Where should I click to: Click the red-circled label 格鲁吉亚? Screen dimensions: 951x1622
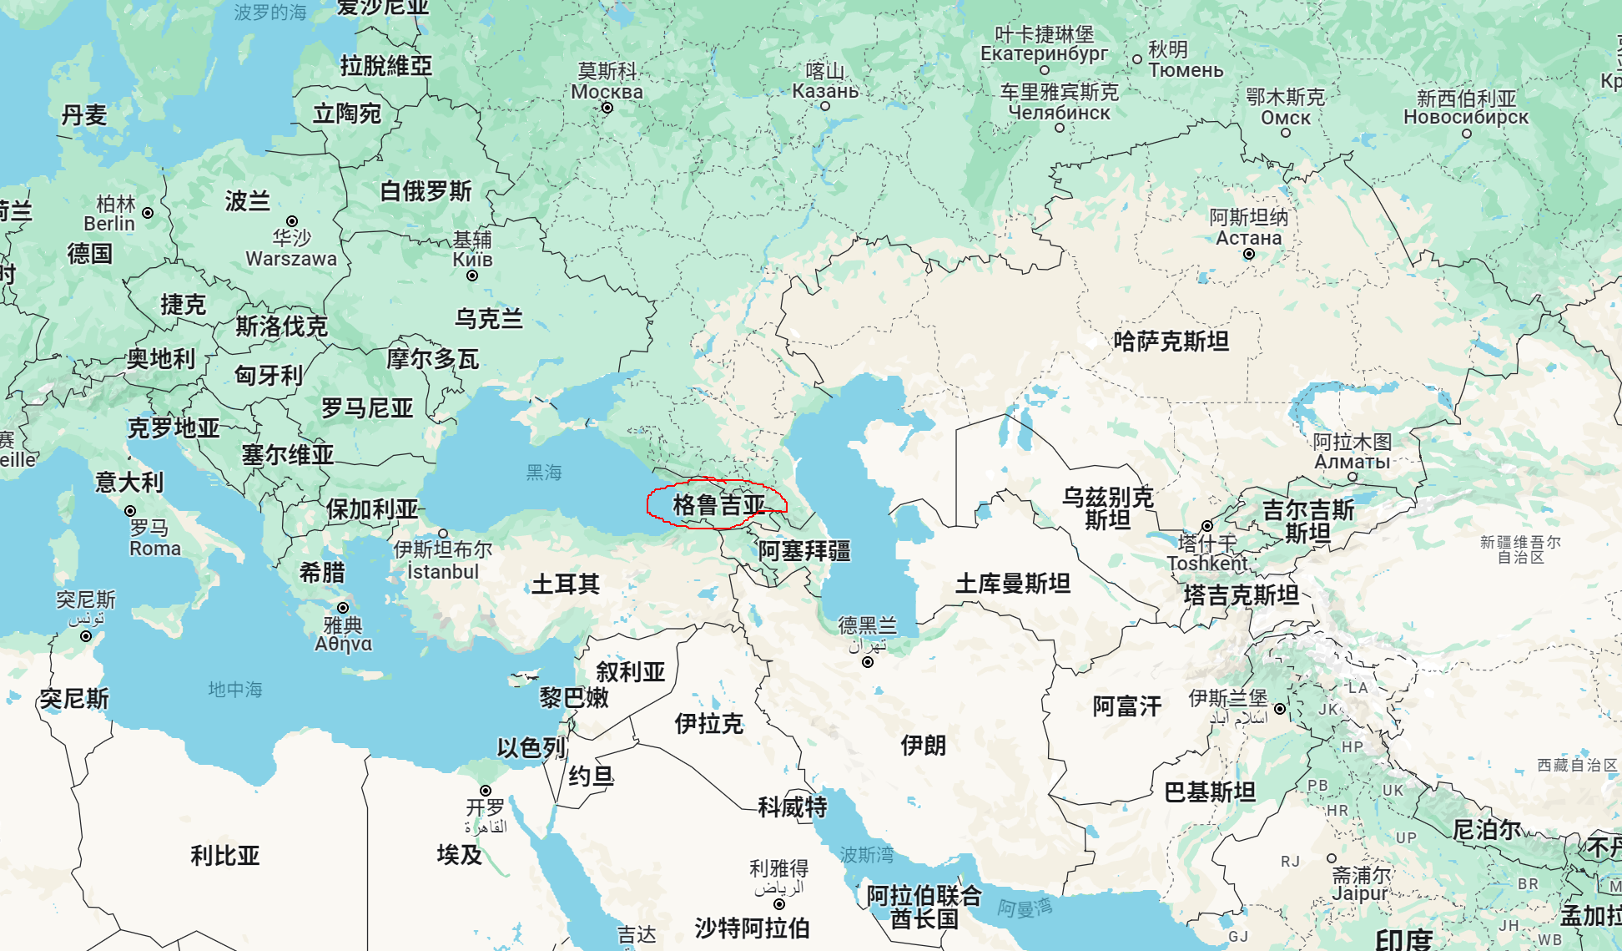point(718,505)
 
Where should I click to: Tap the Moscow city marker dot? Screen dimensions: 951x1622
point(607,108)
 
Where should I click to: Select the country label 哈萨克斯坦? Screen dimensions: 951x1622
point(1171,341)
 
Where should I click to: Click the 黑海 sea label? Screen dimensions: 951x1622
point(544,473)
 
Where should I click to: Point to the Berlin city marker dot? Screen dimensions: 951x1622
point(148,213)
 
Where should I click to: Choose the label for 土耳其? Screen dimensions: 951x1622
point(566,584)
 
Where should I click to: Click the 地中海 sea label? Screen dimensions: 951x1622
point(235,690)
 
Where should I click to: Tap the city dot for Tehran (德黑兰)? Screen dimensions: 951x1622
point(868,662)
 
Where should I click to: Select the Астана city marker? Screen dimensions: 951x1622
point(1249,254)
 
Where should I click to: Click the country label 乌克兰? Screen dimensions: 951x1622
point(488,319)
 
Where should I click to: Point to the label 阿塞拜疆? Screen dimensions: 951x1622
point(804,551)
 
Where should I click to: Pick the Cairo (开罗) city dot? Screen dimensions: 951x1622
point(486,791)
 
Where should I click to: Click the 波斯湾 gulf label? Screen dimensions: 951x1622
point(867,855)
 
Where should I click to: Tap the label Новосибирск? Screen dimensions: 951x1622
point(1466,118)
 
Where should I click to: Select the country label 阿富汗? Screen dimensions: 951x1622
point(1127,707)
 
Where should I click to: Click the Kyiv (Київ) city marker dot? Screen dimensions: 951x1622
point(472,276)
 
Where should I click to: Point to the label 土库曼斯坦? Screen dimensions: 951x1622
point(1013,584)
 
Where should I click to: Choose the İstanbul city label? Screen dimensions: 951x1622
point(443,572)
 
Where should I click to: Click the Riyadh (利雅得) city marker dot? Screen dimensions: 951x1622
point(779,904)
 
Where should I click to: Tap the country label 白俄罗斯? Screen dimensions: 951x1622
point(426,191)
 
